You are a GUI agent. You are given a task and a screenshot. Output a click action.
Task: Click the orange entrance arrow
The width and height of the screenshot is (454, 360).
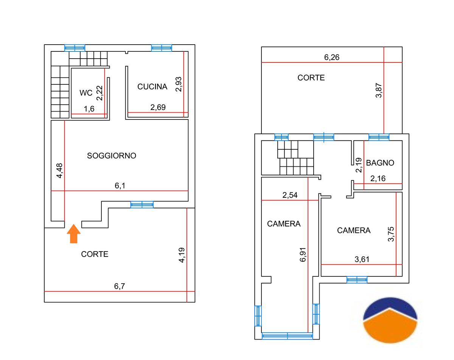(74, 233)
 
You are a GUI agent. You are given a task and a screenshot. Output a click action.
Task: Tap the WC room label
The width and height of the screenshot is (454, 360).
(86, 93)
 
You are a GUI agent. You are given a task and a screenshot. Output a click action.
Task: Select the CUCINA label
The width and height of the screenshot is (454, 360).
(152, 87)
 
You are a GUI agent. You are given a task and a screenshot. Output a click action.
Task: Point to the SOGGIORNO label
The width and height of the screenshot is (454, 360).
(112, 155)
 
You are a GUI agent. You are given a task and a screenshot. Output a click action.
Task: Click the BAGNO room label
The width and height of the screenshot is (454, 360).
(380, 163)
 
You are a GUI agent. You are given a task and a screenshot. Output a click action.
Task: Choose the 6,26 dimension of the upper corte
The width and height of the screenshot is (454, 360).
(332, 57)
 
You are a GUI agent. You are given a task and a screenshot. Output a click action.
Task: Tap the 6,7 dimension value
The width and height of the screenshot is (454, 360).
(120, 286)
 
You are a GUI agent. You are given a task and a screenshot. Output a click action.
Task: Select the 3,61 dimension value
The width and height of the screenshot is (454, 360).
(362, 259)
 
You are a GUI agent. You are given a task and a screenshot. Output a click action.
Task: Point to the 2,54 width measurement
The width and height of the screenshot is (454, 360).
(290, 195)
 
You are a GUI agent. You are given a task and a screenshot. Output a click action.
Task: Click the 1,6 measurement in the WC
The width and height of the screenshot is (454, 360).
(89, 109)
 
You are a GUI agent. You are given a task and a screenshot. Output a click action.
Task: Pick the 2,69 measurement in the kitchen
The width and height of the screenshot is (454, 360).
(158, 107)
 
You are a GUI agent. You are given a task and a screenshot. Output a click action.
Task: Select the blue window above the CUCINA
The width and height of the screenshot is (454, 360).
(162, 48)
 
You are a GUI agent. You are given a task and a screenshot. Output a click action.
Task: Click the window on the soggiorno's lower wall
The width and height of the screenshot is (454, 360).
(142, 205)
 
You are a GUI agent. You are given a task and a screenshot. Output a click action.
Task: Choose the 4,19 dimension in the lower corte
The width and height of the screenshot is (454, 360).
(182, 254)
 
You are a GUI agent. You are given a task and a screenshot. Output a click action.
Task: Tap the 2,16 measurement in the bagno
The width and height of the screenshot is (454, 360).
(378, 178)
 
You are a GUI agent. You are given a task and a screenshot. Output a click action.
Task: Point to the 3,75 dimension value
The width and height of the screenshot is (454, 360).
(391, 234)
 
